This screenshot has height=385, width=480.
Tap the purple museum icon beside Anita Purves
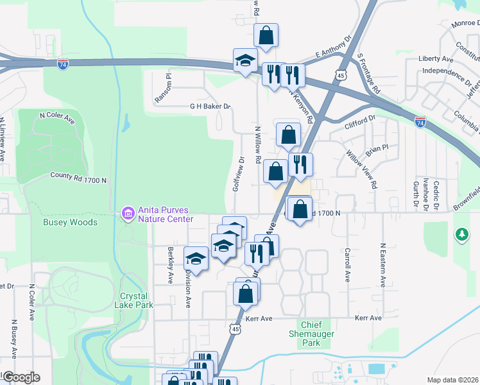click(x=127, y=213)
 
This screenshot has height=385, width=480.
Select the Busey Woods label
click(x=70, y=223)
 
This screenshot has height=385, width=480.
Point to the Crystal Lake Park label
click(x=137, y=300)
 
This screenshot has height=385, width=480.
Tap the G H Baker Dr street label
click(x=209, y=107)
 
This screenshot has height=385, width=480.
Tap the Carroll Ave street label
click(x=347, y=266)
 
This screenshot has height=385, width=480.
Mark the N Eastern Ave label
click(x=382, y=264)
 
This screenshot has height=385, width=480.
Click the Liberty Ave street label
click(x=435, y=59)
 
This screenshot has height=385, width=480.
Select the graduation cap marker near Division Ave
click(x=196, y=259)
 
